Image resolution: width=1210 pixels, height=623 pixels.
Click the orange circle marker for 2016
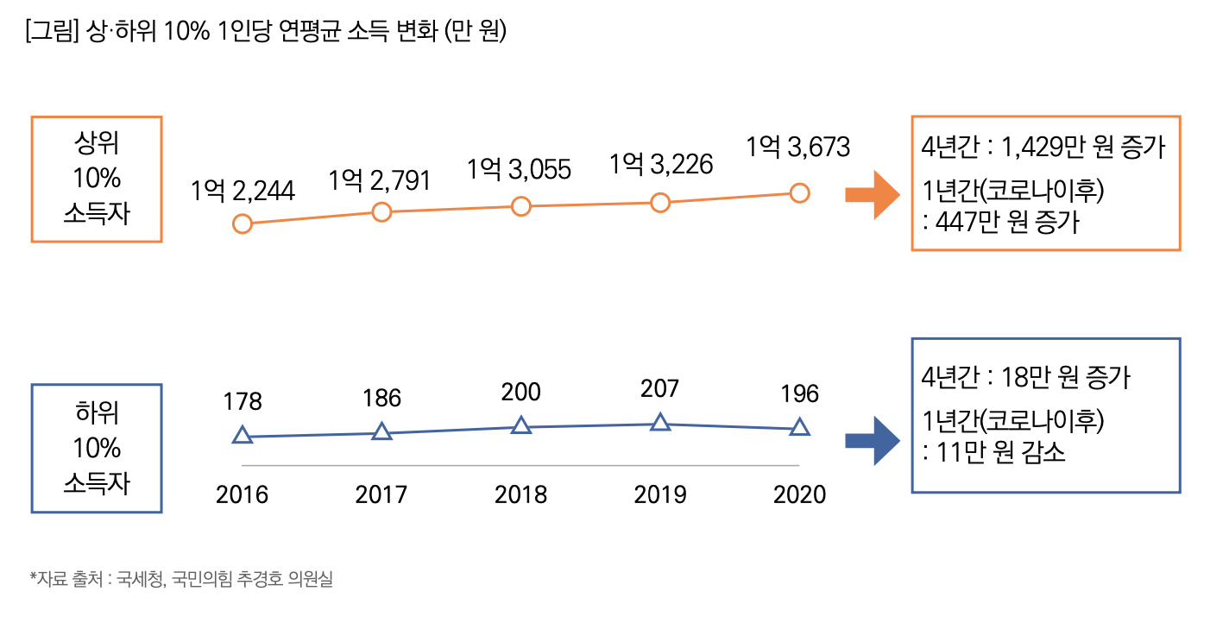(x=243, y=224)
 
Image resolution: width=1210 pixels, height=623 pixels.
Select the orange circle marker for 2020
(x=800, y=192)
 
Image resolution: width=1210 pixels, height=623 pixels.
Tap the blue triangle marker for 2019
(x=660, y=422)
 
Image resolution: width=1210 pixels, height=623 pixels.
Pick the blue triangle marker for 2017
(x=382, y=431)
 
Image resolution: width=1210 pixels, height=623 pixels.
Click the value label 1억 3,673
(x=798, y=148)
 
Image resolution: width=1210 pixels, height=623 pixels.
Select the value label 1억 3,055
(x=520, y=169)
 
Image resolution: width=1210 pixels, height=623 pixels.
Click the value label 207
(x=660, y=389)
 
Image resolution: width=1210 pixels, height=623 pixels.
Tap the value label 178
(x=243, y=401)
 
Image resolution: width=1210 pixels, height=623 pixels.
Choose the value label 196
(x=800, y=394)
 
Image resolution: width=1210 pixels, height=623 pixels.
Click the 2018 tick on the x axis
(x=520, y=494)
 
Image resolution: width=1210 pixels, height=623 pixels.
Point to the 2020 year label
(x=800, y=494)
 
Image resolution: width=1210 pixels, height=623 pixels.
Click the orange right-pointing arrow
(x=873, y=195)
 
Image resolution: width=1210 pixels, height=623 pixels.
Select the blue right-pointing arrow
(x=873, y=440)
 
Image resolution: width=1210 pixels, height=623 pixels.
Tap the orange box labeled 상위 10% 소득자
(x=97, y=179)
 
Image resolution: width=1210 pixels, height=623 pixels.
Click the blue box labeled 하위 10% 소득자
(x=97, y=448)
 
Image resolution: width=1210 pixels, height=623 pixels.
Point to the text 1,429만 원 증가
(x=1083, y=148)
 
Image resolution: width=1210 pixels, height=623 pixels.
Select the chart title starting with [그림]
(x=266, y=32)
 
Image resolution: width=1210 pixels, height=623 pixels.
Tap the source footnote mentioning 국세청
(x=181, y=579)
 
